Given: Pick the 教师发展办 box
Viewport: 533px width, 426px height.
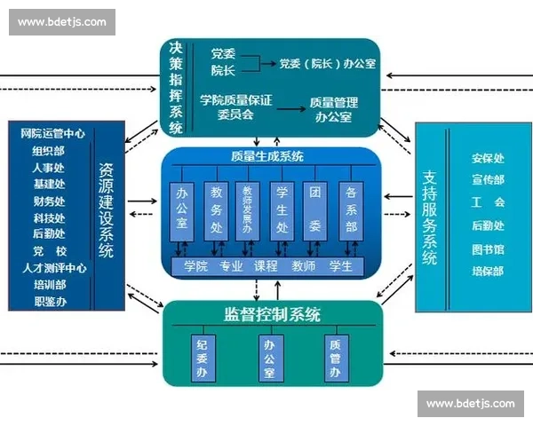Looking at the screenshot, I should click(247, 211).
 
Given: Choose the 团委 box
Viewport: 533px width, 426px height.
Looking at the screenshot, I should click(315, 211).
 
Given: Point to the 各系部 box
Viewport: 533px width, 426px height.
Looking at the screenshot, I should click(350, 211).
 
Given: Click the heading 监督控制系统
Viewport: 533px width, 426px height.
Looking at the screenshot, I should click(272, 315).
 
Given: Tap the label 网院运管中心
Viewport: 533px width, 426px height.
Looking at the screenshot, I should click(52, 133).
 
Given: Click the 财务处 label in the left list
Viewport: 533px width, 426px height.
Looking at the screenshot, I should click(49, 201).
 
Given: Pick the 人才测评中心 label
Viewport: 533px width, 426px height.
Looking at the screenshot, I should click(54, 268).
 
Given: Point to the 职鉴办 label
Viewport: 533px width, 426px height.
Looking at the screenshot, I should click(49, 302).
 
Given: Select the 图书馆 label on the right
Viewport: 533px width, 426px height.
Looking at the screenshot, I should click(488, 249).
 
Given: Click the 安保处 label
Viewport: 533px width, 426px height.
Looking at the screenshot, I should click(488, 159).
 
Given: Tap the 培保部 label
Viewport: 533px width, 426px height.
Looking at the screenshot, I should click(488, 272).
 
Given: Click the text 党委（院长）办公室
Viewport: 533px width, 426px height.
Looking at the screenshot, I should click(326, 64).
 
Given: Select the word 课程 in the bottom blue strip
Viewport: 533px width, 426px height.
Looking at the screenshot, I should click(266, 265).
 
